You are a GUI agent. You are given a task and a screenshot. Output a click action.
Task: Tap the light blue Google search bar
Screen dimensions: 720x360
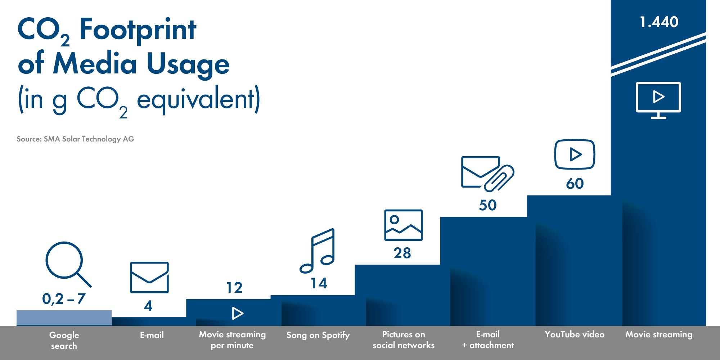(64, 318)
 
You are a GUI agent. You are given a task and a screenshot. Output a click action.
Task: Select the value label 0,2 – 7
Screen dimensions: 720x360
(64, 299)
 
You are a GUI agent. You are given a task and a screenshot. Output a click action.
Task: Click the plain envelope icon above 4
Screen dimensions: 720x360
(149, 277)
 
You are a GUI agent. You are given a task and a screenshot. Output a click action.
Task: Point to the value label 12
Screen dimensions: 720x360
(234, 288)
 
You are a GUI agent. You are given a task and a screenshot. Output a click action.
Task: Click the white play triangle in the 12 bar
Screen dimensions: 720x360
(237, 313)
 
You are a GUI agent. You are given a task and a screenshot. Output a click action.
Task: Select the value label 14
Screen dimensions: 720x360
(319, 283)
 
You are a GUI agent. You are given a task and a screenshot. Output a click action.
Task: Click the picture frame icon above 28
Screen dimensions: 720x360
(403, 225)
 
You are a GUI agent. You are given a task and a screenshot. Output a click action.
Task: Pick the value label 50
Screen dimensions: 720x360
(488, 205)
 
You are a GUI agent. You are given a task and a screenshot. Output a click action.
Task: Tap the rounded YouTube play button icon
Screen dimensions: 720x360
(575, 154)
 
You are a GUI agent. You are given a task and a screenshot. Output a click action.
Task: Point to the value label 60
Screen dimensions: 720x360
(575, 184)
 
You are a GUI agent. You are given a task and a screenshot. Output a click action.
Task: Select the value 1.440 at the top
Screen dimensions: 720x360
(659, 22)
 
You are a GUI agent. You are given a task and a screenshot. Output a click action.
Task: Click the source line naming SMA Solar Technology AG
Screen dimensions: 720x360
(75, 139)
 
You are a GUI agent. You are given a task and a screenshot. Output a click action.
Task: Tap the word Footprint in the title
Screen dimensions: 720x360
(138, 30)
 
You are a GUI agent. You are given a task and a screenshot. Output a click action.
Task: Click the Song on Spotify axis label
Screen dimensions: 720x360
(318, 335)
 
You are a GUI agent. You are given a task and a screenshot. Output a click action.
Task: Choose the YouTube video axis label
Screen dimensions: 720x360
(575, 334)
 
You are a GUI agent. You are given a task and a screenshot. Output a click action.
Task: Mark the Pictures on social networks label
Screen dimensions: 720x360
(404, 340)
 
